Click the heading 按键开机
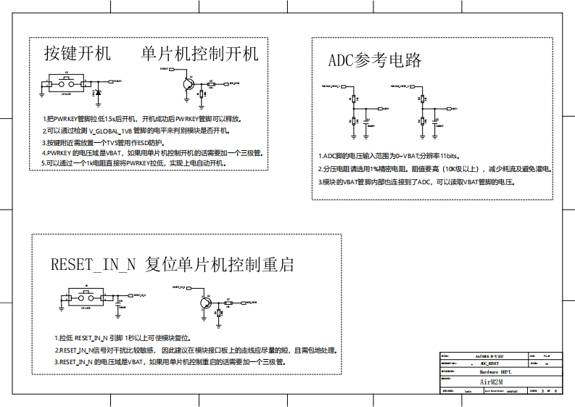(x=77, y=54)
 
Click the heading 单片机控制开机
(x=199, y=54)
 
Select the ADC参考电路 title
(x=375, y=60)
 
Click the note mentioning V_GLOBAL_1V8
(x=136, y=130)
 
